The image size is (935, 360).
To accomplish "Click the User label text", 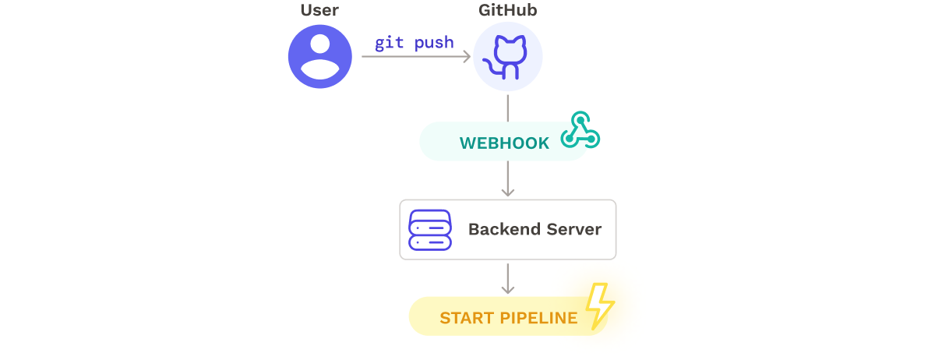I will pos(320,11).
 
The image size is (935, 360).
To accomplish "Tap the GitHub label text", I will pos(508,11).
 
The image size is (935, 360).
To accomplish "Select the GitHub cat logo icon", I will pos(508,56).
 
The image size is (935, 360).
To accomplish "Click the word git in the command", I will pos(390,42).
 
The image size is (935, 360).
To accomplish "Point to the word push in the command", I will pos(434,42).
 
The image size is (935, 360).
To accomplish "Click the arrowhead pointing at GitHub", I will pos(466,56).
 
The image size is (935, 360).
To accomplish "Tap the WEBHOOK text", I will pos(504,143).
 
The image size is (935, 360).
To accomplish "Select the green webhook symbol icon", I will pos(580,130).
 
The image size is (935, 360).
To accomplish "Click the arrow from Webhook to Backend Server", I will pos(508,179).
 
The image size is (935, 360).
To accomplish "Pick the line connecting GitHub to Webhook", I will pos(508,108).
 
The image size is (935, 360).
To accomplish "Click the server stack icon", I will pos(430,230).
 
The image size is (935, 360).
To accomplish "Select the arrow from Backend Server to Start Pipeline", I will pos(508,278).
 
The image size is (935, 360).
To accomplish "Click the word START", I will pos(466,318).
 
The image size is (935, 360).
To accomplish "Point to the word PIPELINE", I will pos(539,318).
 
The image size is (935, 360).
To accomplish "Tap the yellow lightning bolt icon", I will pos(599,305).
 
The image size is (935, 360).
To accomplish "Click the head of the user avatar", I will pos(320,48).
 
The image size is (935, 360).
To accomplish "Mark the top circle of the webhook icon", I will pos(579,118).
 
